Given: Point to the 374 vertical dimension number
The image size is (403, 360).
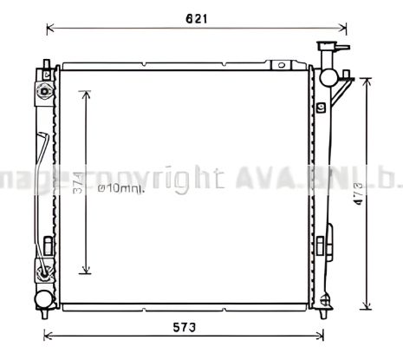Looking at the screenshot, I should (76, 184).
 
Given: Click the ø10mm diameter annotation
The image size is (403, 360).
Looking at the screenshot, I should (120, 188).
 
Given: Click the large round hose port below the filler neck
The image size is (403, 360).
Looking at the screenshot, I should (329, 76).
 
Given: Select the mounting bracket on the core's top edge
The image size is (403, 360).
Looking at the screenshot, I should (281, 64).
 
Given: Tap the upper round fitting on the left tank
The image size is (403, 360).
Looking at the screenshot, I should (42, 92).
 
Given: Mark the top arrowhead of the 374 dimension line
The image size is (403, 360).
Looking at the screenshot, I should (85, 93).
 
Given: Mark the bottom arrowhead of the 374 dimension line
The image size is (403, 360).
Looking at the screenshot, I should (85, 271).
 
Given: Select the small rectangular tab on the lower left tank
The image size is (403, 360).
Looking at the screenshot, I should (49, 244).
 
